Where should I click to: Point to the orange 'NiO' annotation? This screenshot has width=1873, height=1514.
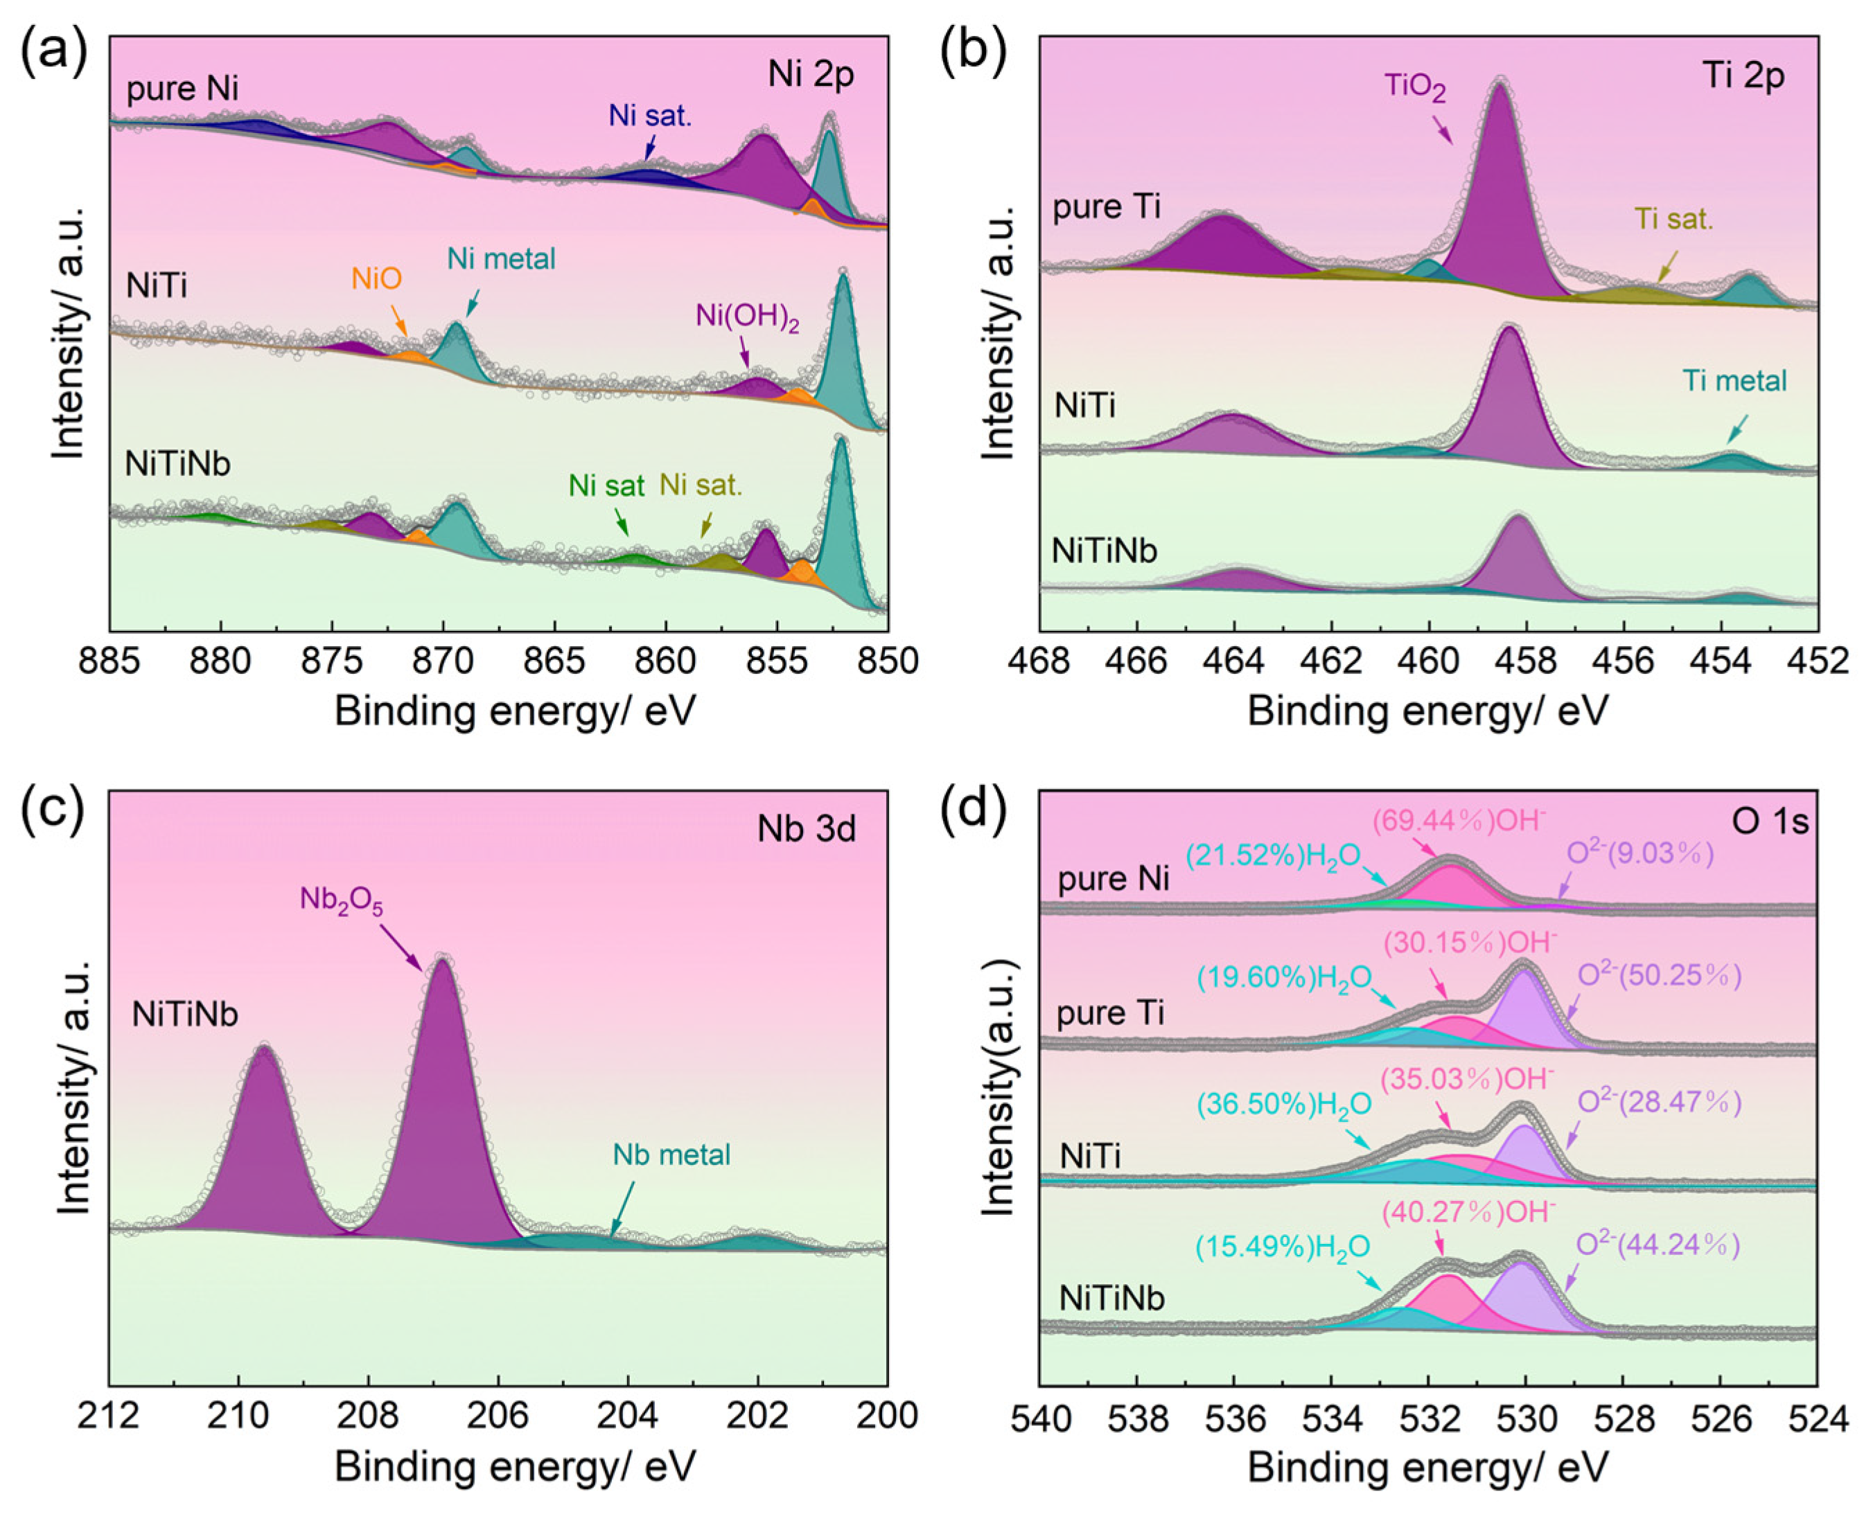point(377,279)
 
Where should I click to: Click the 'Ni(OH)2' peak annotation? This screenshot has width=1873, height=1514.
point(747,317)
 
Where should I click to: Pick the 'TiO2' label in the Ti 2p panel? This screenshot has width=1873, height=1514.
point(1414,87)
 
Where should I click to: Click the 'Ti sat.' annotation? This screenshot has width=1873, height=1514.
point(1673,220)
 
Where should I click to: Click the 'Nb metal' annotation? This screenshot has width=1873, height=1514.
point(671,1155)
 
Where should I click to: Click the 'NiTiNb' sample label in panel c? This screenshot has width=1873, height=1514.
point(185,1014)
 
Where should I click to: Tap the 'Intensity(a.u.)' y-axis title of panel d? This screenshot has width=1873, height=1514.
point(998,1087)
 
